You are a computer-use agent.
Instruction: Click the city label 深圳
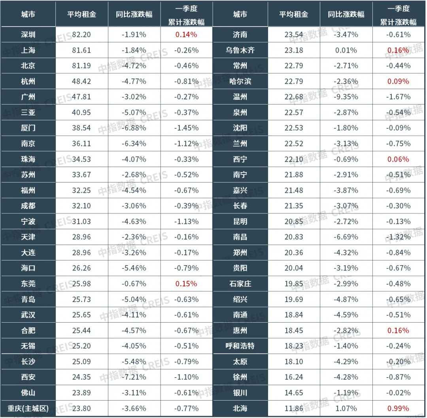(x=28, y=34)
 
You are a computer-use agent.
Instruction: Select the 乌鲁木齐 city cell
(x=240, y=50)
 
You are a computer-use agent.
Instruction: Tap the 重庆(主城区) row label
(x=28, y=408)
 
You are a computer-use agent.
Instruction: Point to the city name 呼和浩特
(x=240, y=346)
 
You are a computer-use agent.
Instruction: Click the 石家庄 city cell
(x=240, y=284)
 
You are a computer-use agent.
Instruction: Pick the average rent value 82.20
(x=81, y=34)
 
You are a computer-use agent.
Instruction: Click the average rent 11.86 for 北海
(x=294, y=408)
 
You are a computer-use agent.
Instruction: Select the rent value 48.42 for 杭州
(x=81, y=81)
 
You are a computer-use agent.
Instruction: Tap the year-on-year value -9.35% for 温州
(x=346, y=97)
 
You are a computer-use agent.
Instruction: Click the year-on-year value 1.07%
(x=346, y=408)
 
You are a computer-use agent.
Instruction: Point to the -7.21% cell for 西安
(x=134, y=377)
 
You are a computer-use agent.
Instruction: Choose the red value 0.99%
(x=398, y=408)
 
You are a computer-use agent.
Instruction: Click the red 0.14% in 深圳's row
(x=186, y=34)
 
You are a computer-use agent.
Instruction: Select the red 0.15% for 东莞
(x=186, y=284)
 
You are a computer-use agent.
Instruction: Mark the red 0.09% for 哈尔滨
(x=398, y=81)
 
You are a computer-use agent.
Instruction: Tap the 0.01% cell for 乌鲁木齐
(x=346, y=50)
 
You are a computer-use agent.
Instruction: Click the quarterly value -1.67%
(x=398, y=97)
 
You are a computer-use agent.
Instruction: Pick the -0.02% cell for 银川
(x=398, y=393)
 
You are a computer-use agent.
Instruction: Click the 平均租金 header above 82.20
(x=81, y=14)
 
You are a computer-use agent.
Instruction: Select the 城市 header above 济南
(x=240, y=14)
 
